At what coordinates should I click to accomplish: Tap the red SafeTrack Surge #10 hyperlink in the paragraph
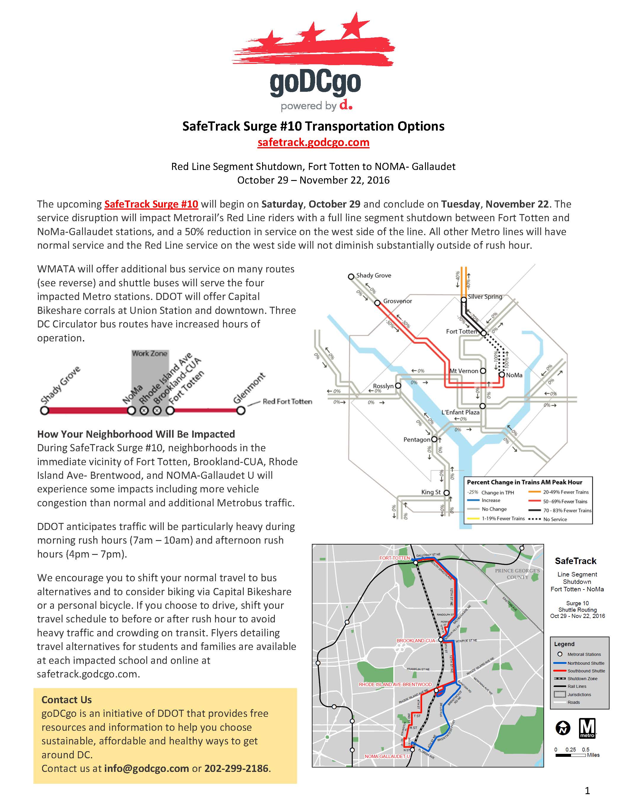point(151,204)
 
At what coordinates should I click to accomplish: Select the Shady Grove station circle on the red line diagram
point(44,411)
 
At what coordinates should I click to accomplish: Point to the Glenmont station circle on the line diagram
point(241,411)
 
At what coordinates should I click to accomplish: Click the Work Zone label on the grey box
point(150,354)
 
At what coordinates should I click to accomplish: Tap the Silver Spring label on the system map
point(485,297)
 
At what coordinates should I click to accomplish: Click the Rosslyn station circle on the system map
point(398,386)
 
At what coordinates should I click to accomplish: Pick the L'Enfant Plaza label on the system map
point(460,412)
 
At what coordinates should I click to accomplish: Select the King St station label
point(431,492)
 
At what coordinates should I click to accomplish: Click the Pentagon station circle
point(434,439)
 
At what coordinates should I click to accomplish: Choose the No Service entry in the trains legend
point(555,519)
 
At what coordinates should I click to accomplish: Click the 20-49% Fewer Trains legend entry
point(566,492)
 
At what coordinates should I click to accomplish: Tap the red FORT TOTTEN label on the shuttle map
point(394,558)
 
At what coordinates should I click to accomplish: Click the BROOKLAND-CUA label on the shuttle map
point(415,640)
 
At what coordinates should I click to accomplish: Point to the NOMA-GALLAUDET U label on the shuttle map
point(387,757)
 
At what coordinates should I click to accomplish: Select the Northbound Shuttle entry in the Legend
point(586,663)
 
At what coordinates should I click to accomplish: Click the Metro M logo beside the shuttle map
point(587,728)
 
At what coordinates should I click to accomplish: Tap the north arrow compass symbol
point(563,728)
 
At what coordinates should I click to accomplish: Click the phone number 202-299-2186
point(236,768)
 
